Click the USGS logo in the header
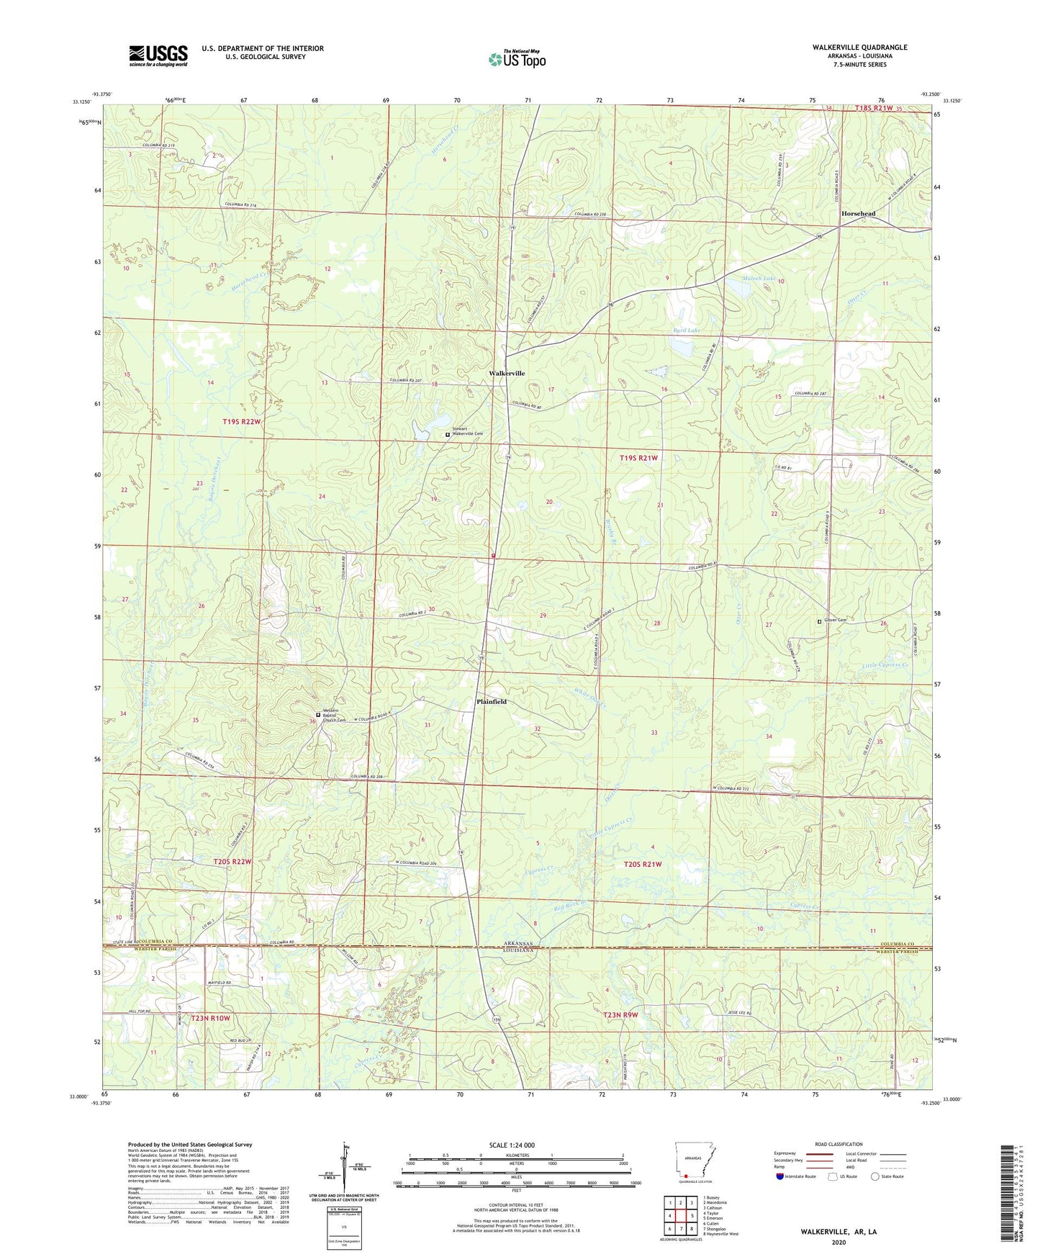point(158,55)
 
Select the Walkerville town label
point(507,374)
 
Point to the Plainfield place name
point(491,701)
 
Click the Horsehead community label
point(859,214)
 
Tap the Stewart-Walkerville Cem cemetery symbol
point(447,435)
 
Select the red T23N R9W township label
point(620,1015)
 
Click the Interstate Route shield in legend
point(782,1176)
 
